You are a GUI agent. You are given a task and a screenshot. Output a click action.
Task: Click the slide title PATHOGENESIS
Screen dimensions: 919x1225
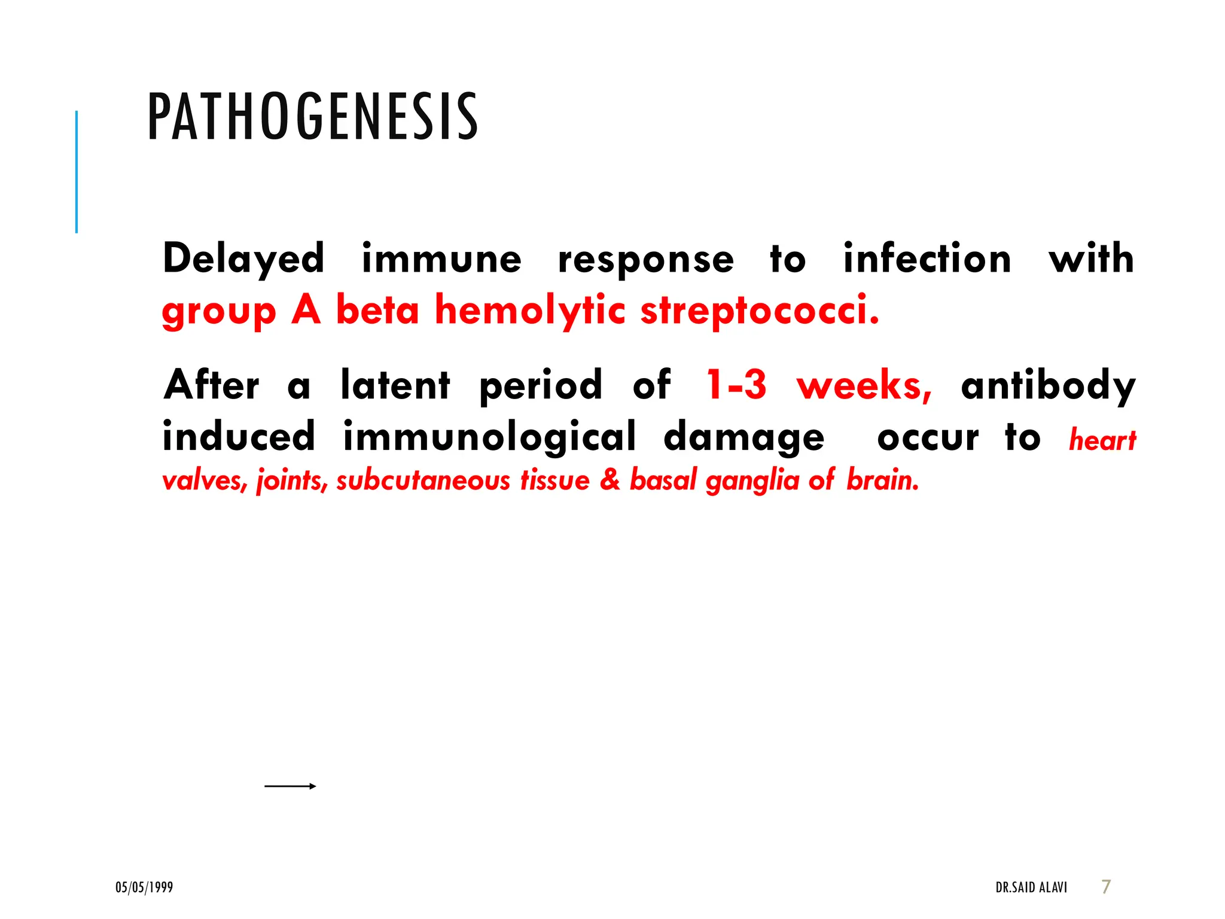pos(312,117)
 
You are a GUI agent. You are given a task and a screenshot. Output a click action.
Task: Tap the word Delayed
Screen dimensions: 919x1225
pos(243,260)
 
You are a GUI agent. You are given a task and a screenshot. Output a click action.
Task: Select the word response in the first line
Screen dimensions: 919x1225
pos(645,261)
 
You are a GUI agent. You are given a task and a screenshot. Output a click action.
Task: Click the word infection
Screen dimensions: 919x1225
pos(927,258)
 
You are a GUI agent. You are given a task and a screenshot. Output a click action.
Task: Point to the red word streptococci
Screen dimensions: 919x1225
pos(760,311)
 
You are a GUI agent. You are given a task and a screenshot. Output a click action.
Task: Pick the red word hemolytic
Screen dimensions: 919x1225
pos(530,311)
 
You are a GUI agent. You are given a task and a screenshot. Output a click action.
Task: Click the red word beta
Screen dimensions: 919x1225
pos(377,311)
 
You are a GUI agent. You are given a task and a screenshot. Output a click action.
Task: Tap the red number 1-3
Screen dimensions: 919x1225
pos(736,385)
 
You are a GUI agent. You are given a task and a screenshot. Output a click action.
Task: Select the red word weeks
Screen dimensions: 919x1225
pos(864,386)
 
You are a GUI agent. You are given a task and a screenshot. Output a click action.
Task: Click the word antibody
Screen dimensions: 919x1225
pos(1048,386)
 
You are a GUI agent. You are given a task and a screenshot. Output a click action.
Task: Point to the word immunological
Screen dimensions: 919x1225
pos(489,437)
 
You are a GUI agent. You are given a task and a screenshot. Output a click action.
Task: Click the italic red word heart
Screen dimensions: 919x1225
pos(1102,440)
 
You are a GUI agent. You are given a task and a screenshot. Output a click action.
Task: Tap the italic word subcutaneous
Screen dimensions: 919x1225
pos(423,480)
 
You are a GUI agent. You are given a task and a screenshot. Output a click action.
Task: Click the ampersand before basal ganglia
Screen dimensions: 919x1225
pos(610,480)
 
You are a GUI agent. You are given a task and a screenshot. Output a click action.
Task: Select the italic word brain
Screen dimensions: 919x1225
pos(882,480)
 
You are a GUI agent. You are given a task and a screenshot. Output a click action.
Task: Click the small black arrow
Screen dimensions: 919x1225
pos(290,786)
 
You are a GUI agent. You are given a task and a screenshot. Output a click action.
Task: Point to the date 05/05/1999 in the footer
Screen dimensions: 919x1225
pos(144,887)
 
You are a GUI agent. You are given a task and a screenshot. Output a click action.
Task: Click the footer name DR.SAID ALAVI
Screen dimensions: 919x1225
pos(1031,887)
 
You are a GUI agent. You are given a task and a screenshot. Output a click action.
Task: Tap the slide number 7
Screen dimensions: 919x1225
pos(1106,887)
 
